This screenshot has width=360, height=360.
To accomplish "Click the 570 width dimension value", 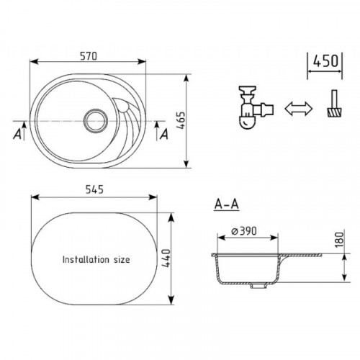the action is pos(89,56).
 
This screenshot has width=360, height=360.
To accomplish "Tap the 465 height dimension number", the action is pos(181,121).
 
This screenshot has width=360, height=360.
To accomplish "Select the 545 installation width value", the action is pos(94,189).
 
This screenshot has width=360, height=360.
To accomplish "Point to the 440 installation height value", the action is pos(166,258).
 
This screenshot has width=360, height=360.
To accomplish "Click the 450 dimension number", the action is pos(325,61).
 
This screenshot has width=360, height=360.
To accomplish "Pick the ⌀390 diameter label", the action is pos(244,231).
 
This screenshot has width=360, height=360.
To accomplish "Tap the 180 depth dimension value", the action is pos(339,240).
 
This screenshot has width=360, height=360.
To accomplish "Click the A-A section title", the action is pos(227,204).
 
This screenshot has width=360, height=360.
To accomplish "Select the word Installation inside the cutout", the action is pos(86,259).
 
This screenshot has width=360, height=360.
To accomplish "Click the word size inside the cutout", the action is pos(122,260).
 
